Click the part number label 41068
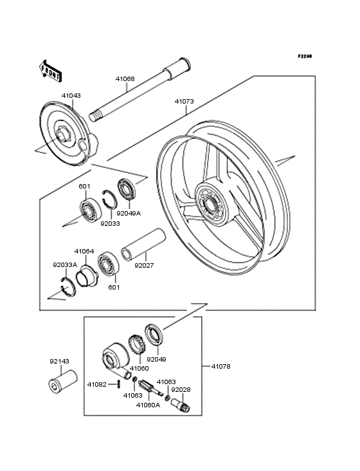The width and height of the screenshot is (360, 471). pyautogui.click(x=125, y=78)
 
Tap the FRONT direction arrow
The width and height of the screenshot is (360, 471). pyautogui.click(x=51, y=71)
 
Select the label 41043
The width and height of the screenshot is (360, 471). pyautogui.click(x=71, y=95)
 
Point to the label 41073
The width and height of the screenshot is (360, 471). pyautogui.click(x=184, y=102)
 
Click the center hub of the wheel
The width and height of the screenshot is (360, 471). pyautogui.click(x=210, y=204)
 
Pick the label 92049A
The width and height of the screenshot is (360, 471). pyautogui.click(x=129, y=213)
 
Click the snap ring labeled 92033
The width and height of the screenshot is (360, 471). pyautogui.click(x=109, y=199)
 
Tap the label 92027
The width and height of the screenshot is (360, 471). pyautogui.click(x=144, y=266)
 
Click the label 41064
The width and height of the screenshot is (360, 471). pyautogui.click(x=84, y=251)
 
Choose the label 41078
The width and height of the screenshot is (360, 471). pyautogui.click(x=221, y=367)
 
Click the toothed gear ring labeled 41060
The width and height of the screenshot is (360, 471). pyautogui.click(x=137, y=344)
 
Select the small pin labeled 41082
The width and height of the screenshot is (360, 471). pyautogui.click(x=119, y=384)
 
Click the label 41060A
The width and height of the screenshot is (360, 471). pyautogui.click(x=148, y=405)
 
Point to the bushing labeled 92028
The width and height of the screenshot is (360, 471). pyautogui.click(x=181, y=405)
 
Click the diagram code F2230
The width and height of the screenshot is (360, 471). pyautogui.click(x=305, y=56)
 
